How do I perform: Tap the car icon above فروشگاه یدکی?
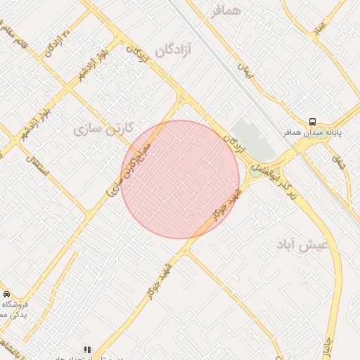click(x=6, y=294)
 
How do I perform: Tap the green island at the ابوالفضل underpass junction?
click(x=273, y=171)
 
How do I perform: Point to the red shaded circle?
click(x=180, y=179)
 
